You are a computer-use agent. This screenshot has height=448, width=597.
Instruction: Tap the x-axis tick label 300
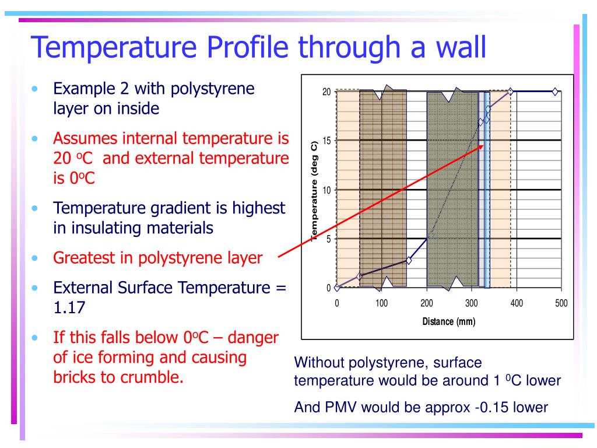coord(471,303)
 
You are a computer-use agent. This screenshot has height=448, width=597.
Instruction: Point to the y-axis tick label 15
coord(326,141)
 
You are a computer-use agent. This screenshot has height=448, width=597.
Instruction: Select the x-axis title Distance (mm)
coord(449,321)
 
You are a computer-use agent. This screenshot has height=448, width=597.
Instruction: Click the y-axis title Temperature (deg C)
coord(314,191)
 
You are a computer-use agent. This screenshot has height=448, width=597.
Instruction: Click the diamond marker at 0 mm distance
coord(336,288)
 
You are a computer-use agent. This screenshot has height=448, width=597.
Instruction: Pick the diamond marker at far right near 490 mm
coord(555,92)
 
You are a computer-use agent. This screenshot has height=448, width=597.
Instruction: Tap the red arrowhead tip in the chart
coord(484,145)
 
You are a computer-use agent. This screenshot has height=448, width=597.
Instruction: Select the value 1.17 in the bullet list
coord(69,308)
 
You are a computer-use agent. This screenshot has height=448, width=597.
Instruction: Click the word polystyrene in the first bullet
coord(212,89)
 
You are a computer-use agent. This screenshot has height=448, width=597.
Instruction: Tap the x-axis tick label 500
coord(561,303)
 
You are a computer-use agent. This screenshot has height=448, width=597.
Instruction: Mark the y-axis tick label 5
coord(329,239)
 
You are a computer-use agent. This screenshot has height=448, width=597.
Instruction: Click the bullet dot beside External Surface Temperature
coord(34,288)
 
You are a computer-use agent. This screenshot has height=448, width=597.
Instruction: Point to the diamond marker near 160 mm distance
coord(409,261)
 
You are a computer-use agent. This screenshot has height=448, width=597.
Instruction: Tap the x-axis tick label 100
coord(381,303)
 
